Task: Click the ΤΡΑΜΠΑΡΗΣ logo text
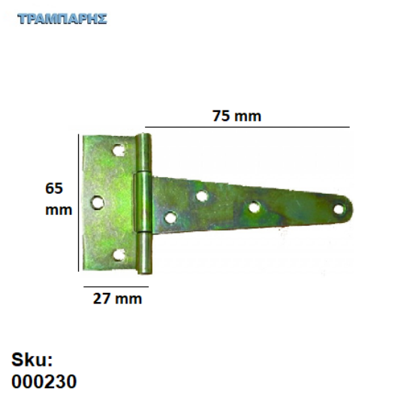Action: [62, 18]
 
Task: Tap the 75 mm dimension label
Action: [237, 116]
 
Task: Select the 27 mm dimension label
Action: [116, 299]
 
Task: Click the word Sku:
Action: [32, 359]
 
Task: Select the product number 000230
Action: [44, 381]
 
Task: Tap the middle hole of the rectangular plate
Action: [97, 201]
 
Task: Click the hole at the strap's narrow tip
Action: [339, 209]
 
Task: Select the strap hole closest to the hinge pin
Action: [170, 219]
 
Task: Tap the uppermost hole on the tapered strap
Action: [202, 196]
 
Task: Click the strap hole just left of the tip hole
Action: [254, 208]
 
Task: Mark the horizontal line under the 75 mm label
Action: [248, 127]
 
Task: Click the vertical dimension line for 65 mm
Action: [79, 201]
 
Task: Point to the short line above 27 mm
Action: [116, 286]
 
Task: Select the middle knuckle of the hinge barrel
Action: [140, 204]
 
